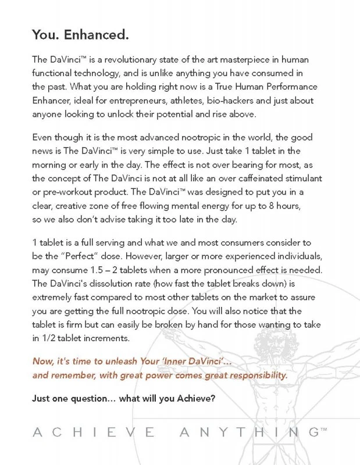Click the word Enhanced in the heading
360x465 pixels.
(98, 35)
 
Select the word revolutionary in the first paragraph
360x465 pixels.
(129, 60)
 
